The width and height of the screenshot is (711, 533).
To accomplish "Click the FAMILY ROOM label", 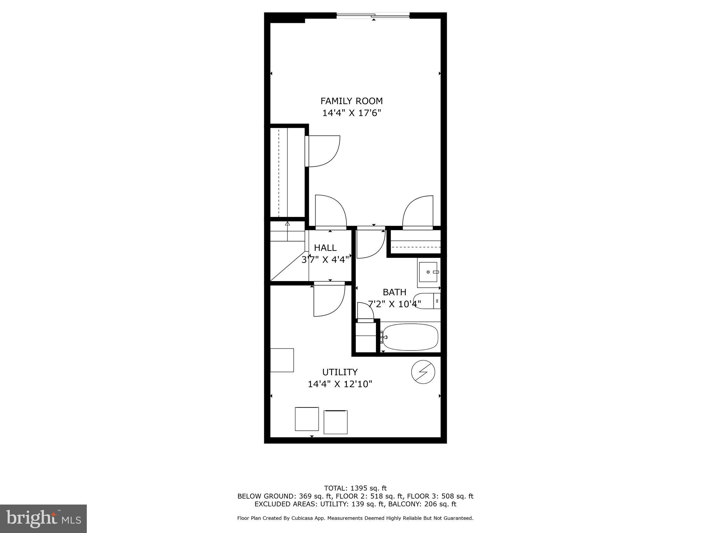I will tap(351, 101).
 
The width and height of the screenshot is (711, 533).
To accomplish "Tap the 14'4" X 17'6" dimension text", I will tap(352, 113).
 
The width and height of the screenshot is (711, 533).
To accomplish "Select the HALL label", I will tap(325, 248).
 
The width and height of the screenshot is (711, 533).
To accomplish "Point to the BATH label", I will tap(394, 292).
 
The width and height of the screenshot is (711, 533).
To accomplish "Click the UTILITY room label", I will tap(340, 372).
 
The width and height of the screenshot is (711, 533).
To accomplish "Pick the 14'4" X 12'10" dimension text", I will tap(340, 384).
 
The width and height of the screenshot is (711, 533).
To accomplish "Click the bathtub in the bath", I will tap(410, 337).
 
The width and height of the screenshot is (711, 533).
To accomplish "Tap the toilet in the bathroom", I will tap(427, 301).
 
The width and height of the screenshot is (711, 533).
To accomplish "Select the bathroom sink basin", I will tap(428, 272).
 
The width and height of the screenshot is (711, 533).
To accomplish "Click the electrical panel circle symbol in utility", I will tap(423, 372).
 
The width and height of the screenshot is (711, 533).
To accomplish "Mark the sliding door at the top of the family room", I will tap(373, 15).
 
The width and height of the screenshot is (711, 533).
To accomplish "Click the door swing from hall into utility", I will tap(328, 300).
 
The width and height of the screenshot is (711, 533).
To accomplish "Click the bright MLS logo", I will tap(43, 518).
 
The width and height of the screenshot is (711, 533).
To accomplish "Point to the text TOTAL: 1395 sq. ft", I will tap(355, 488).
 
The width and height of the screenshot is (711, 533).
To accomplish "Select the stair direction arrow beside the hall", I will tap(287, 224).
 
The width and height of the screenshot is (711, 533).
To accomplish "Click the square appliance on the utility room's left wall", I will tap(282, 360).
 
